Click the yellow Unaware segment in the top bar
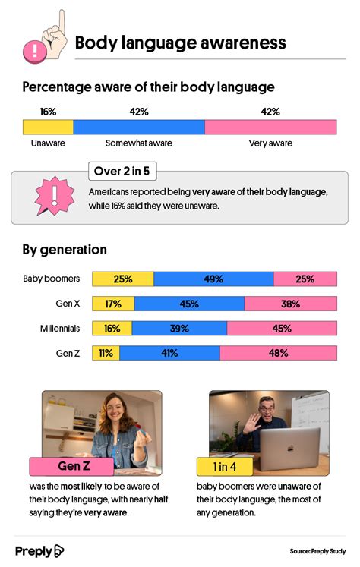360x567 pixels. click(48, 128)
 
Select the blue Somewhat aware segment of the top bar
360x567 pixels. click(139, 128)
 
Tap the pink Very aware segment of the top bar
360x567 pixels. click(270, 128)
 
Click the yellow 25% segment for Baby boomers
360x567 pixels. click(123, 279)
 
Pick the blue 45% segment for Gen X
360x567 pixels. click(189, 304)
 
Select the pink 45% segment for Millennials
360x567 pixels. click(282, 329)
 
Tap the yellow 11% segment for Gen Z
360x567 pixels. click(106, 353)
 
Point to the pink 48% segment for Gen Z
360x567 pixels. click(278, 353)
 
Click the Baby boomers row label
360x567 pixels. click(52, 279)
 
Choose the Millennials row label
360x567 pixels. click(60, 329)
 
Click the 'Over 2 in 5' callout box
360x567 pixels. click(122, 171)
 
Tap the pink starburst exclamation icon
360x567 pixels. click(54, 196)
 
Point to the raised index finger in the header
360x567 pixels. click(62, 22)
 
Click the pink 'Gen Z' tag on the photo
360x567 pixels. click(71, 466)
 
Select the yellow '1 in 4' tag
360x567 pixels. click(225, 467)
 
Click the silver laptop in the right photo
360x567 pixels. click(290, 449)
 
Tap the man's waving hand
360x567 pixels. click(251, 423)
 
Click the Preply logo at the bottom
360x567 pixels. click(39, 551)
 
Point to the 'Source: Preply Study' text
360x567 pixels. click(317, 551)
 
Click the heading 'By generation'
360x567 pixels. click(65, 250)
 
